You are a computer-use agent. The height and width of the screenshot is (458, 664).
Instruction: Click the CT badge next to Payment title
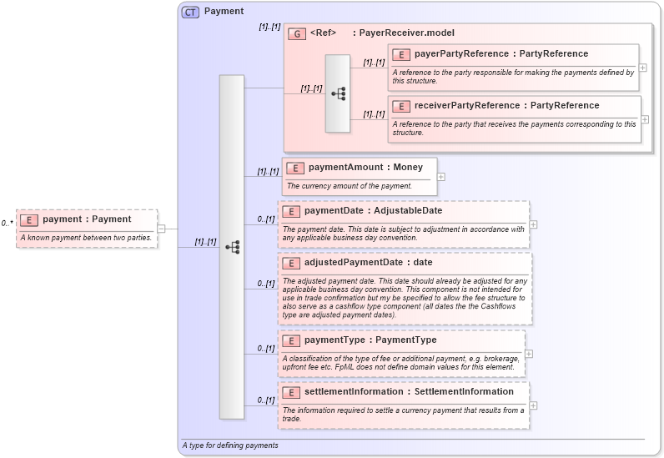point(190,12)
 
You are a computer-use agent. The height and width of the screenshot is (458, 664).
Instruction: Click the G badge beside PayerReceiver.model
point(296,34)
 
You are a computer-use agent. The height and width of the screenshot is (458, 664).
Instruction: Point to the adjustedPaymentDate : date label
point(368,263)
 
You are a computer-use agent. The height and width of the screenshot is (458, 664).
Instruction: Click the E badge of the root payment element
point(29,220)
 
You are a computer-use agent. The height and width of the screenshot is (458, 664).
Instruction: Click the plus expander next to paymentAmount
point(441,176)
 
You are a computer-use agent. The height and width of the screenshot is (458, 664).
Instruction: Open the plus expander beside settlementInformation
point(534,406)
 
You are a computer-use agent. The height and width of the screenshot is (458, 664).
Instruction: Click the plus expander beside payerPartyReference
point(643,68)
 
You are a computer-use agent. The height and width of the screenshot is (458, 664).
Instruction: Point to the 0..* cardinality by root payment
point(8,224)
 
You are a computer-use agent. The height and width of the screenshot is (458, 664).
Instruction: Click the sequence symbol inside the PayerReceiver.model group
point(338,93)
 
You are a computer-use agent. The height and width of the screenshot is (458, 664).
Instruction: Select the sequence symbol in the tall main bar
point(232,247)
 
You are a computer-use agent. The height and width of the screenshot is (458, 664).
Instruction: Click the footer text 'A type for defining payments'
point(230,445)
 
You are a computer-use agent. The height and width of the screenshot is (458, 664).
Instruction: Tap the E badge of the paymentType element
point(291,340)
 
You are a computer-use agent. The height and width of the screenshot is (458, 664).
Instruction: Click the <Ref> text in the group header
point(323,33)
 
